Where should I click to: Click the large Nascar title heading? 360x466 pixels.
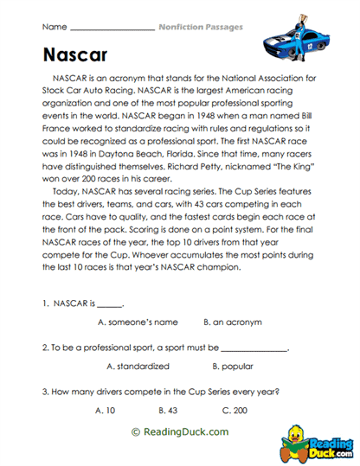point(74,55)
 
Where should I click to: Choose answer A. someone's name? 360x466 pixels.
point(138,322)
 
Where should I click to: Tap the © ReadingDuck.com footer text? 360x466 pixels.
point(180,431)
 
